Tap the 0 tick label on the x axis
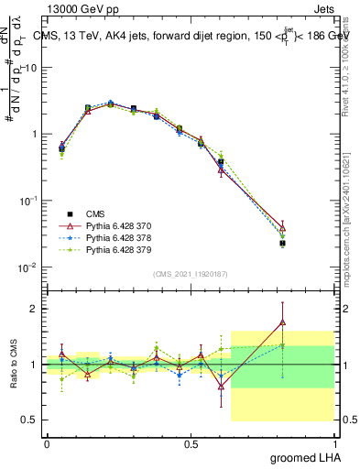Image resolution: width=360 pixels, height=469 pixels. pyautogui.click(x=47, y=444)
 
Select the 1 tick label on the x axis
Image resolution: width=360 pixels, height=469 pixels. pyautogui.click(x=335, y=444)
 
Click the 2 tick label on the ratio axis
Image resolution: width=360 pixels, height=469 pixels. pyautogui.click(x=34, y=309)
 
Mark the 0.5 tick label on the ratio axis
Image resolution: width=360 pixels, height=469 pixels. pyautogui.click(x=29, y=420)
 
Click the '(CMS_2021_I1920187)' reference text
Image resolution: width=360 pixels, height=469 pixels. pyautogui.click(x=191, y=273)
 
